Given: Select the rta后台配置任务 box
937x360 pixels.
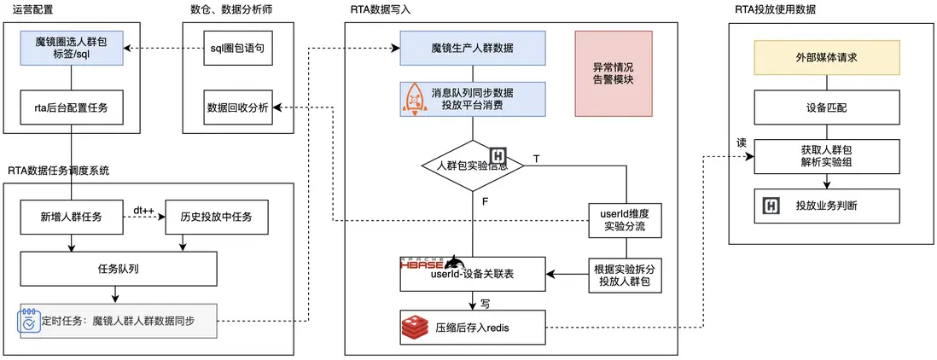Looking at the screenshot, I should pyautogui.click(x=72, y=107).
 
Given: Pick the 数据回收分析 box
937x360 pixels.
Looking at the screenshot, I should pyautogui.click(x=237, y=107).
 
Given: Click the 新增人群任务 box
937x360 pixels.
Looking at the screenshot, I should pyautogui.click(x=72, y=218).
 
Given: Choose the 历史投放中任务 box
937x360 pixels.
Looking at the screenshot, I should pyautogui.click(x=217, y=218).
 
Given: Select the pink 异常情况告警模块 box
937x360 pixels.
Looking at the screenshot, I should pyautogui.click(x=613, y=73).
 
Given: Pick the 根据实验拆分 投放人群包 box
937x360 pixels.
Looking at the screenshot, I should pyautogui.click(x=626, y=274).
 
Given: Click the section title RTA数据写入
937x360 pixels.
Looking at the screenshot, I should pyautogui.click(x=375, y=10).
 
